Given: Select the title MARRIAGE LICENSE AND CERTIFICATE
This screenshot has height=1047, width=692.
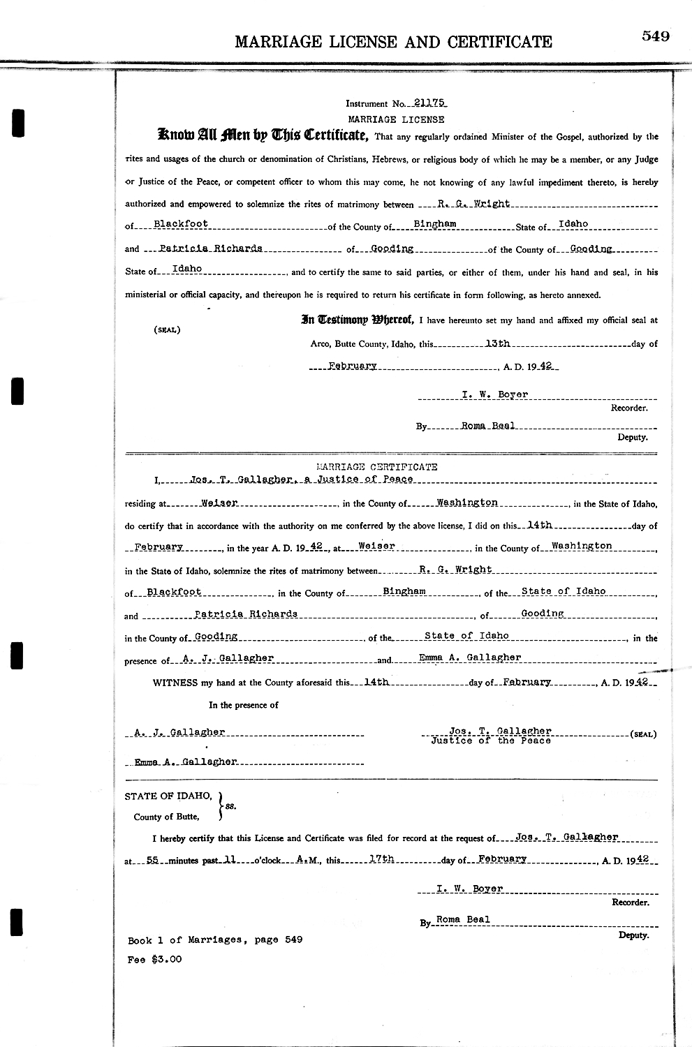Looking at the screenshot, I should click(393, 42).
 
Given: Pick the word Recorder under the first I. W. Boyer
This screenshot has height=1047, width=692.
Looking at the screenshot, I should click(628, 408).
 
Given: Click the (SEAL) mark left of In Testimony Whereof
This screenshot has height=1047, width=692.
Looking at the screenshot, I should click(167, 329).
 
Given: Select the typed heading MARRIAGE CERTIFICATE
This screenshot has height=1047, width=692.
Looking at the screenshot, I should click(377, 466).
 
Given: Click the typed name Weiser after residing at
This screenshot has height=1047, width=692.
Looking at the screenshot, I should click(219, 503).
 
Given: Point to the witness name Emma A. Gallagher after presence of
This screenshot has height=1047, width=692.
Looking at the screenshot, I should click(469, 658).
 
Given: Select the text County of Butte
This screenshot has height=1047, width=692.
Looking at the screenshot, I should click(166, 817).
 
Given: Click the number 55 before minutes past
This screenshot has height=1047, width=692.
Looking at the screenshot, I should click(153, 861).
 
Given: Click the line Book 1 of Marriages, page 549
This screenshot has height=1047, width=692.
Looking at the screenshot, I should click(215, 940).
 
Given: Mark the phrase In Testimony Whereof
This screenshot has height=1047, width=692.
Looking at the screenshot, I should click(357, 320).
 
